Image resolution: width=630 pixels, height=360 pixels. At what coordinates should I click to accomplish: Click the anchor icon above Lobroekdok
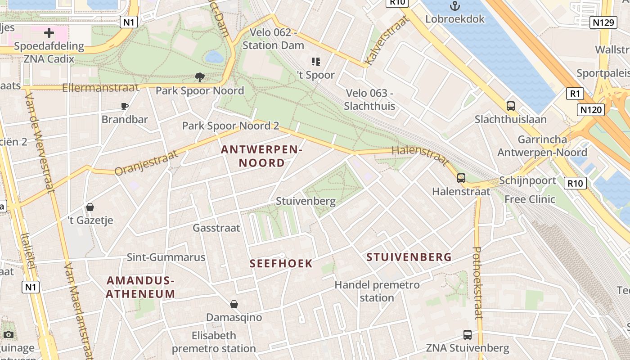455,6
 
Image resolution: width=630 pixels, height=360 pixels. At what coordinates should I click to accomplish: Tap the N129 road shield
602,22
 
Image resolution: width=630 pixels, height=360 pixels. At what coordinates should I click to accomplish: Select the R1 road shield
575,94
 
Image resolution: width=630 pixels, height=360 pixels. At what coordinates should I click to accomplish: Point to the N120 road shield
590,109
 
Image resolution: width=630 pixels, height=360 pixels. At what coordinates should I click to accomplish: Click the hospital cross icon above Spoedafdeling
49,32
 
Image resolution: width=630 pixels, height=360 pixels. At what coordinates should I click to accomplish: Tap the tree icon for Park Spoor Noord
200,77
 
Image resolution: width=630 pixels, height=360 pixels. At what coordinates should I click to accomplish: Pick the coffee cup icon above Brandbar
125,107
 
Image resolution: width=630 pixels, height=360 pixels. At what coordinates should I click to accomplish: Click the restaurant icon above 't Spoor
315,62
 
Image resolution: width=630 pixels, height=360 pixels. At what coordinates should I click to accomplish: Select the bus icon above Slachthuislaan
511,106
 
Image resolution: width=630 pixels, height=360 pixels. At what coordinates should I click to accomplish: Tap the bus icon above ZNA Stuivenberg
468,335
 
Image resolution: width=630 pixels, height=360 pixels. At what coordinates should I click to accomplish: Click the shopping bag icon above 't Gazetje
90,207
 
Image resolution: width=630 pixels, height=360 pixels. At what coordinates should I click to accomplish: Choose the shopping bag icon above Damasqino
234,304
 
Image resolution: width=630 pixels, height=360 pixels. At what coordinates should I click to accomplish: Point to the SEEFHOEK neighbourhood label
281,264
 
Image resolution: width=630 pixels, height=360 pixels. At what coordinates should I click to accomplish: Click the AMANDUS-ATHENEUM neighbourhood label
140,288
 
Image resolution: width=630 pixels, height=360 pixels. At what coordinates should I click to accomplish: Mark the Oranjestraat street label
146,163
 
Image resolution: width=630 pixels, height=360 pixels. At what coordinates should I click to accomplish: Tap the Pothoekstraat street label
477,283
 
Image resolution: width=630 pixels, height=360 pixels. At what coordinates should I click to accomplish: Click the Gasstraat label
216,228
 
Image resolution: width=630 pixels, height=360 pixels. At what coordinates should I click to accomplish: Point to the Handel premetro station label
377,291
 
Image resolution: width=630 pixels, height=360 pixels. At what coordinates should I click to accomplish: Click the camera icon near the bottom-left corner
8,334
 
